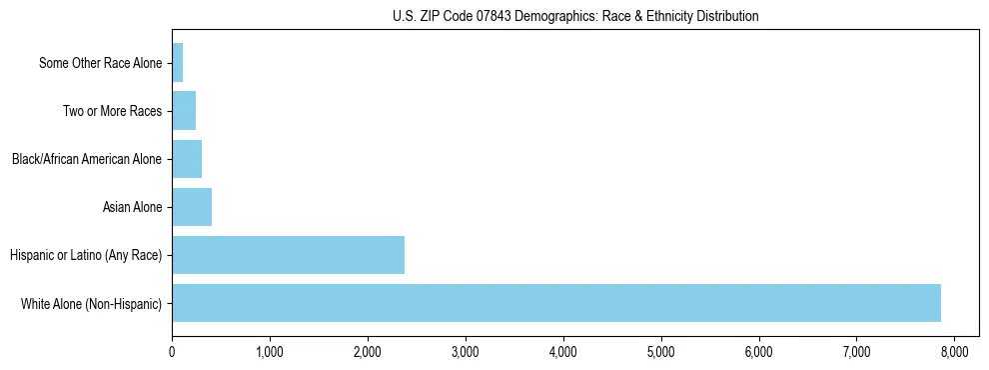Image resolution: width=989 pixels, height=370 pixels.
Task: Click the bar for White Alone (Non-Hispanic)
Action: [x=555, y=303]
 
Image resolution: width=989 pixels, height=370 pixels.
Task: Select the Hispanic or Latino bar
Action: [x=288, y=255]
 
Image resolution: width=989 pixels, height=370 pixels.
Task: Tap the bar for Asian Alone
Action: [x=192, y=207]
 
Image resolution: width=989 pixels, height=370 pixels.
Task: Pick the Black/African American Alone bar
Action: [x=187, y=159]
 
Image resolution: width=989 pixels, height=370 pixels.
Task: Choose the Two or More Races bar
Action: [x=184, y=111]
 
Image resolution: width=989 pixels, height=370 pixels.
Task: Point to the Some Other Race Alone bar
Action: [x=178, y=63]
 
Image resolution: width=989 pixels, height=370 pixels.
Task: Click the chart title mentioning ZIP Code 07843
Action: [x=575, y=16]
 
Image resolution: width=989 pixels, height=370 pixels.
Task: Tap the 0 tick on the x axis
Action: [x=172, y=352]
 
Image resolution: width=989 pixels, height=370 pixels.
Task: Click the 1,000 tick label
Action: [x=270, y=352]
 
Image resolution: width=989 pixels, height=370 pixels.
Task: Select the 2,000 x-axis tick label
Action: [x=368, y=352]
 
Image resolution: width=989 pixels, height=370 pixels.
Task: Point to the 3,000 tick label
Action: [x=466, y=352]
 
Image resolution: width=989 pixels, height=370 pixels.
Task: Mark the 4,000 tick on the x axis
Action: [x=563, y=352]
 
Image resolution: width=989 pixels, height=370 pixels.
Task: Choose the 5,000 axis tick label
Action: [x=661, y=352]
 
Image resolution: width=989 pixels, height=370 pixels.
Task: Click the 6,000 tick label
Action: [x=759, y=352]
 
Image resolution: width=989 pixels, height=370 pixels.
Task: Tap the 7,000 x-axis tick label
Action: [x=857, y=352]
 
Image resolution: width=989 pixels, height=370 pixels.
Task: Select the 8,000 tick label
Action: [x=954, y=352]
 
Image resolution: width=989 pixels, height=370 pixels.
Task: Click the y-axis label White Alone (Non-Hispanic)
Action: [x=91, y=303]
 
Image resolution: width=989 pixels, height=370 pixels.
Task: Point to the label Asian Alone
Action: [x=132, y=207]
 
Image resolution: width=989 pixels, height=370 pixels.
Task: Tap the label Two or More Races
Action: [x=112, y=111]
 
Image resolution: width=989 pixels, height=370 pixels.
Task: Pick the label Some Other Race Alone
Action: [x=100, y=63]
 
